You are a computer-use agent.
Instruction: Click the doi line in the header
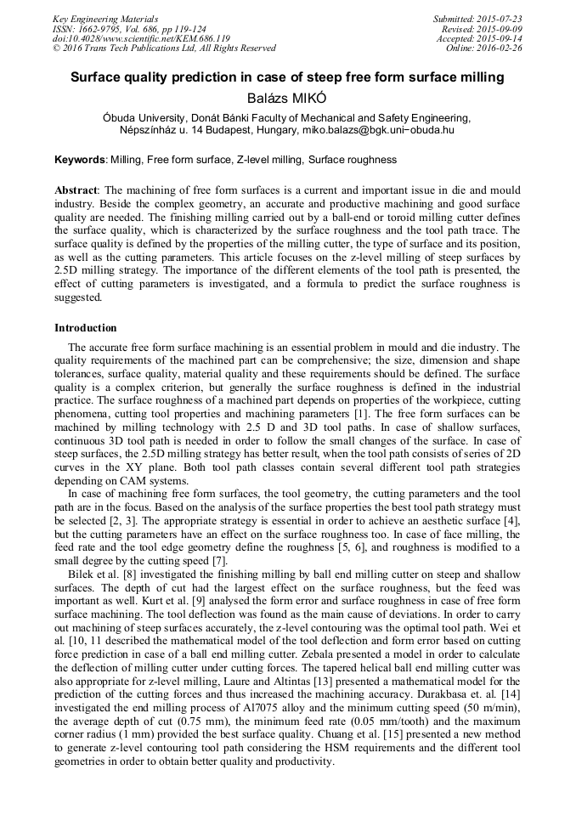tap(141, 39)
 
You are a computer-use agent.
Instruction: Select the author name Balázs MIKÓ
tap(286, 97)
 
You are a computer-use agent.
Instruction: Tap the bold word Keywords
tap(80, 160)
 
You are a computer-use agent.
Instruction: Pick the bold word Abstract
tap(76, 190)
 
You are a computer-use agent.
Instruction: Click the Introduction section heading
tap(86, 328)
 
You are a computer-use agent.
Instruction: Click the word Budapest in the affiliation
tap(226, 131)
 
